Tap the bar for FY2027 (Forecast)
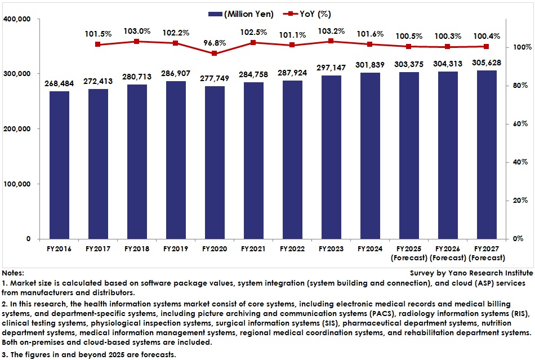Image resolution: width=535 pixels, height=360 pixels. point(486,154)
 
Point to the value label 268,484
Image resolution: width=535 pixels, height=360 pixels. point(59,83)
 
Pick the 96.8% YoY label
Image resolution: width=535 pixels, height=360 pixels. point(215,42)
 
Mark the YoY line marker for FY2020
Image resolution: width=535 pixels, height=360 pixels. point(215,54)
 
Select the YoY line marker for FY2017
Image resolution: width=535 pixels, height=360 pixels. point(98,44)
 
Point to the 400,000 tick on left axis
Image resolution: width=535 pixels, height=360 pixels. point(19,19)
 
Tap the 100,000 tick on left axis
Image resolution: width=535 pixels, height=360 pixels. point(19,184)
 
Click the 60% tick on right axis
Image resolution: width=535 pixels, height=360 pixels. point(517,124)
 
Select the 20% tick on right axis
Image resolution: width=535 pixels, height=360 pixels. point(517,201)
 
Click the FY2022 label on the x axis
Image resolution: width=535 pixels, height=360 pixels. point(292,248)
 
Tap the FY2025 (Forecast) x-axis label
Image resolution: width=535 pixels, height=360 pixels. point(408,252)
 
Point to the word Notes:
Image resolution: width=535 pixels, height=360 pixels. point(13,272)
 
